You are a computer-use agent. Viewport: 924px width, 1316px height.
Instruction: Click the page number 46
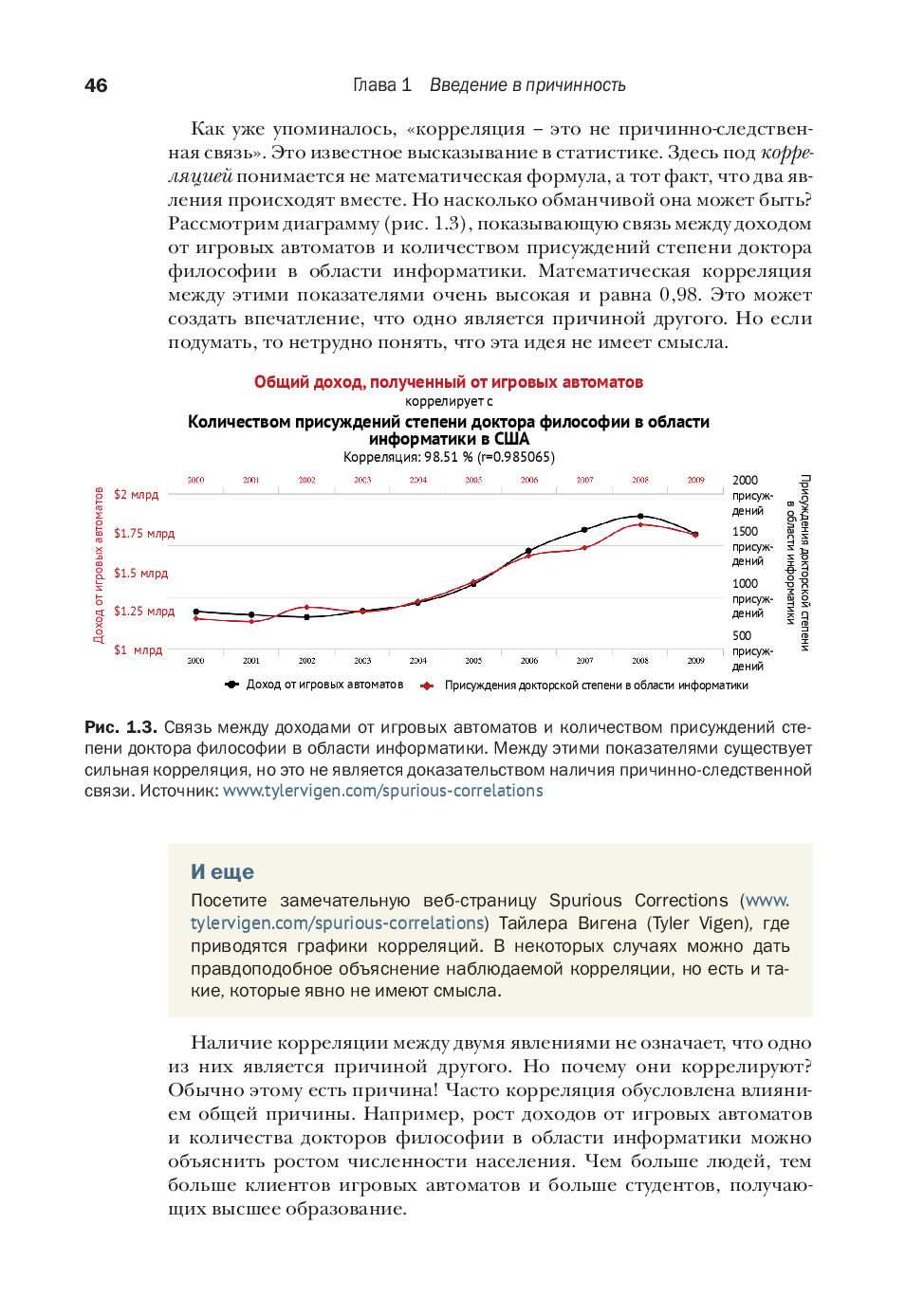96,85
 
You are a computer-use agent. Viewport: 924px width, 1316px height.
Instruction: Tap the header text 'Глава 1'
382,85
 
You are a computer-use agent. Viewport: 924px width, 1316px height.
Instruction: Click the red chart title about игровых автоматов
448,382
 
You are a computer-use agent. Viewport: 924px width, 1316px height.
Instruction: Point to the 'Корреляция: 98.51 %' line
449,457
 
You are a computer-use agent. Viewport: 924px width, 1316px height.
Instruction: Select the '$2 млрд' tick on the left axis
137,495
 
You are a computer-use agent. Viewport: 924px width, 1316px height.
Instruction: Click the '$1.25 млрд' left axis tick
144,612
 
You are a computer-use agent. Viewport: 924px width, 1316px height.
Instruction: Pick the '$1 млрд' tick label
139,650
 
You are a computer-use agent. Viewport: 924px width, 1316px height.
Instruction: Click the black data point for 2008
640,517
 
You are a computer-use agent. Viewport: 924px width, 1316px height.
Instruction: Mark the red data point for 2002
306,607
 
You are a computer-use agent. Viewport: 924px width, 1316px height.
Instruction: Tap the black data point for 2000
196,612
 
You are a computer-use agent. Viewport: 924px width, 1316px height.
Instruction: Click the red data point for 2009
695,536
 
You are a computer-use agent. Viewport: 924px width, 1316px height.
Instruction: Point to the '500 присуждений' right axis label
752,650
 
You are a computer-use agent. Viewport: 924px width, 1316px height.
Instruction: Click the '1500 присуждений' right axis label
752,546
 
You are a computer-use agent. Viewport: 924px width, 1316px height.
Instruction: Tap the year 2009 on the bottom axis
695,661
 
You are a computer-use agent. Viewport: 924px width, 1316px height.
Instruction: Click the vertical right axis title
798,562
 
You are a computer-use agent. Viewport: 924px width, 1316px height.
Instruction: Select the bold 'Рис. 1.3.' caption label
120,727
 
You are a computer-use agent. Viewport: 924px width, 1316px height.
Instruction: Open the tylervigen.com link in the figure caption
383,791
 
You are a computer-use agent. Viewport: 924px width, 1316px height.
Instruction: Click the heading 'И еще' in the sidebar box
222,871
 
